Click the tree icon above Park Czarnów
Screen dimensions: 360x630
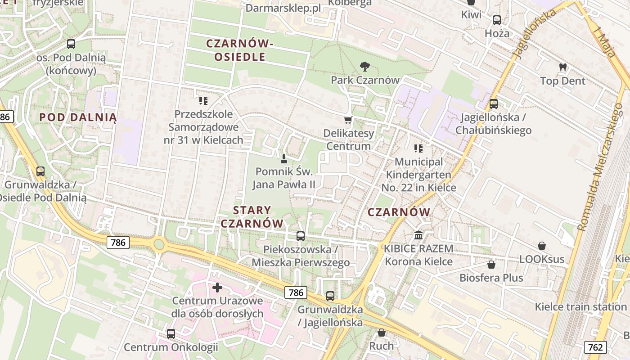[x=364, y=67]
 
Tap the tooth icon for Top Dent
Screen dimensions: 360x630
[x=562, y=67]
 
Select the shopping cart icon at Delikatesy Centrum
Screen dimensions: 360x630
[x=348, y=120]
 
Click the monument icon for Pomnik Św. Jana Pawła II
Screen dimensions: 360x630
[x=284, y=158]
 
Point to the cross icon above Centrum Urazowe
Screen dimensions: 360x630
[x=217, y=287]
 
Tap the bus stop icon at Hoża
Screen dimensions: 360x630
[x=497, y=20]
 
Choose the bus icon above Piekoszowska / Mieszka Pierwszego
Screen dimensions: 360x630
[x=301, y=236]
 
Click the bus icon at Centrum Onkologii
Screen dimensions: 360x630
[x=171, y=333]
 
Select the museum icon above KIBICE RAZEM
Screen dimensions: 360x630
[x=418, y=235]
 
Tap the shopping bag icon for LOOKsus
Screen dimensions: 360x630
[x=542, y=246]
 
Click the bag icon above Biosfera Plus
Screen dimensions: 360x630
[x=491, y=265]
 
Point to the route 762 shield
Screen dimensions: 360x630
[x=595, y=347]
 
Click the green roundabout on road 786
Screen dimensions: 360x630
[x=158, y=244]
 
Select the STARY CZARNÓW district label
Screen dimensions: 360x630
[x=252, y=216]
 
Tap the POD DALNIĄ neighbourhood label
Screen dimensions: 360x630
[x=78, y=117]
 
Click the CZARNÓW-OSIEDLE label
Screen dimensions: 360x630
[x=239, y=50]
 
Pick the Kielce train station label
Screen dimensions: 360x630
[x=580, y=307]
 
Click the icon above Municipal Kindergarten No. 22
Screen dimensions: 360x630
[x=418, y=148]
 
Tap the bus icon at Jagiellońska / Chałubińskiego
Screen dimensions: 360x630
[x=494, y=104]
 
